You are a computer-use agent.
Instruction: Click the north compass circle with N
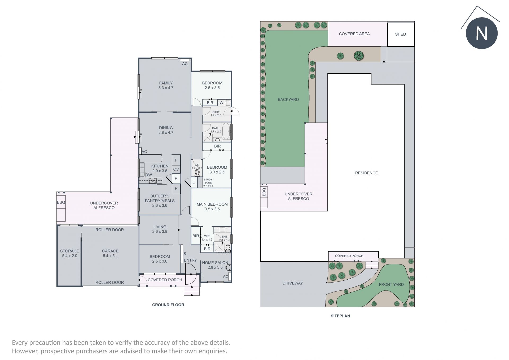tap(482, 33)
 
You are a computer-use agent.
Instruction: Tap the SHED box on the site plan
tap(401, 34)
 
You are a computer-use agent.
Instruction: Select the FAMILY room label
tap(166, 83)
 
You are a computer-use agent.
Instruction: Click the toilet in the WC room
tap(197, 173)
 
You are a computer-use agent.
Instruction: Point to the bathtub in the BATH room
tap(226, 131)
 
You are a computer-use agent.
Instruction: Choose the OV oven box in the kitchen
tap(176, 169)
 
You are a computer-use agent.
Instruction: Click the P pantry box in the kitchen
tap(176, 179)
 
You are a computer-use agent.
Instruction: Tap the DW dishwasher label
tap(149, 175)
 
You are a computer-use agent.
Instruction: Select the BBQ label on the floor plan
tap(61, 202)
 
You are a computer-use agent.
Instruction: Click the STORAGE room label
tap(69, 251)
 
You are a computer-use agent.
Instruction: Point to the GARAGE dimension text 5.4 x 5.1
tap(110, 256)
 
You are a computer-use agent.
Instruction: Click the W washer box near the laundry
tap(221, 103)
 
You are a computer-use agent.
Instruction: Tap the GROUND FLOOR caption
tap(168, 305)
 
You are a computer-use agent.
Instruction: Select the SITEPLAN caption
tap(340, 316)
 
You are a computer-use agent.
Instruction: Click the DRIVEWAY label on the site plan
tap(293, 283)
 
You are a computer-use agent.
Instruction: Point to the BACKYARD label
tap(288, 99)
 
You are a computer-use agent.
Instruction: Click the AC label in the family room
tap(185, 64)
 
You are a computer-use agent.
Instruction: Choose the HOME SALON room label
tap(215, 263)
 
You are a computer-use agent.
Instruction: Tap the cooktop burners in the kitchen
tap(152, 181)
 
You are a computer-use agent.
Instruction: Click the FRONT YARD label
tap(391, 285)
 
